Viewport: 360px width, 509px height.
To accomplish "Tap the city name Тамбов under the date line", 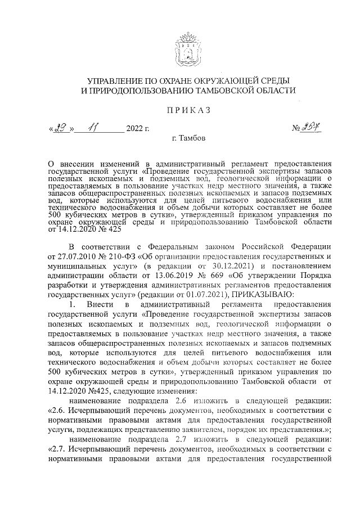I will [x=191, y=138].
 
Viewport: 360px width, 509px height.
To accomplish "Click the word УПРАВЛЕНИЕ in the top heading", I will [x=108, y=81].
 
